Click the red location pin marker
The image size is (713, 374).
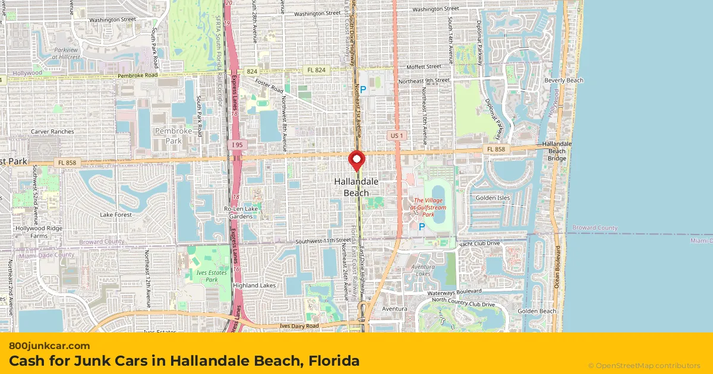tap(356, 160)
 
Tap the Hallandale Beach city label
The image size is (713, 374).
tap(356, 187)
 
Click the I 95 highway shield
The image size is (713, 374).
tap(237, 144)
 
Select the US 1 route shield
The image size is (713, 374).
tap(396, 136)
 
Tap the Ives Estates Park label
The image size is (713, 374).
tap(204, 275)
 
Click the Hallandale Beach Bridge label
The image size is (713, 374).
tap(557, 151)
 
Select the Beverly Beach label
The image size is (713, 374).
tap(564, 80)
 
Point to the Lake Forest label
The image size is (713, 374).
tap(116, 214)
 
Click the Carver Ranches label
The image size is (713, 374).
tap(52, 131)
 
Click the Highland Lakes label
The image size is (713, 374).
tap(254, 286)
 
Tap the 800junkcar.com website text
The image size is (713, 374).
tap(49, 346)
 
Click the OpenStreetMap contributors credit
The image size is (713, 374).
tap(644, 366)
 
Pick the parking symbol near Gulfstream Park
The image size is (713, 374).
tap(422, 227)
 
